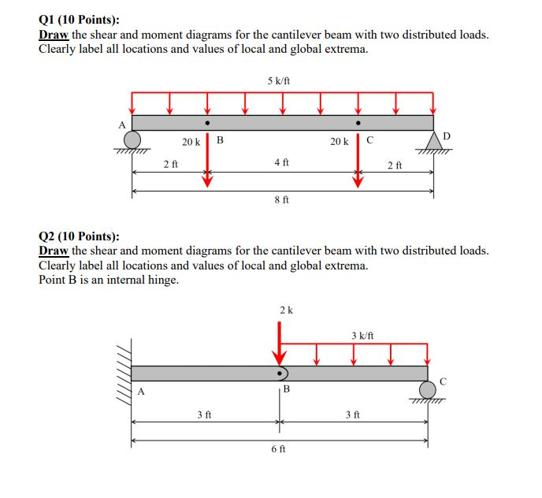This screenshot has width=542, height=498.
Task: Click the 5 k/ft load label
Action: click(282, 80)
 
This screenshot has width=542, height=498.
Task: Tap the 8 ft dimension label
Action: click(281, 200)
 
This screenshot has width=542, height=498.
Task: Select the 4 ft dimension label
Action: click(281, 162)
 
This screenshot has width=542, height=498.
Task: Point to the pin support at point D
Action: click(433, 140)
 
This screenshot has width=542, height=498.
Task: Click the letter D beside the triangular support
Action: click(447, 136)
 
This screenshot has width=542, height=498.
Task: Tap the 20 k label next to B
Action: click(191, 142)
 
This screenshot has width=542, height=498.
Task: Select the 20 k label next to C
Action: click(340, 142)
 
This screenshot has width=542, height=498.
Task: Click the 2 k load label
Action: click(286, 310)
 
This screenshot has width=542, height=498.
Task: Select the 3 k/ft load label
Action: click(362, 336)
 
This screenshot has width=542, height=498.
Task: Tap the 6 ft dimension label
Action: click(279, 448)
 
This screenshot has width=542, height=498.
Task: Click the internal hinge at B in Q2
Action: click(280, 373)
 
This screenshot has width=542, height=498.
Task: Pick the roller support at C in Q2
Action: click(428, 388)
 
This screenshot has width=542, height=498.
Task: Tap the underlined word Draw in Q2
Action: click(54, 251)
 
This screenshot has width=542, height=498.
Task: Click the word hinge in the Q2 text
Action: click(161, 280)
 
